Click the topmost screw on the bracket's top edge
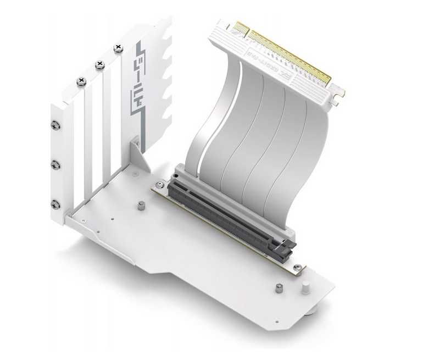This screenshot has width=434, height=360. (118, 48)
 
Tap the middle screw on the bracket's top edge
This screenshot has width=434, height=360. (99, 65)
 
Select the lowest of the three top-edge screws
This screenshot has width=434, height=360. (81, 81)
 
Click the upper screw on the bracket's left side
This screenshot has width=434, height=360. (54, 125)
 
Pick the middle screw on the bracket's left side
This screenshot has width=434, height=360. (54, 164)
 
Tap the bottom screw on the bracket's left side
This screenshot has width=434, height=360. (54, 204)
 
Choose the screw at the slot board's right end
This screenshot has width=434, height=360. (297, 267)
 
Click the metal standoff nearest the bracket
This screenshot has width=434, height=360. (141, 206)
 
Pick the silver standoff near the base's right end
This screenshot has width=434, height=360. (279, 288)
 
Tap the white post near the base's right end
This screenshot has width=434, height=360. (306, 286)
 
